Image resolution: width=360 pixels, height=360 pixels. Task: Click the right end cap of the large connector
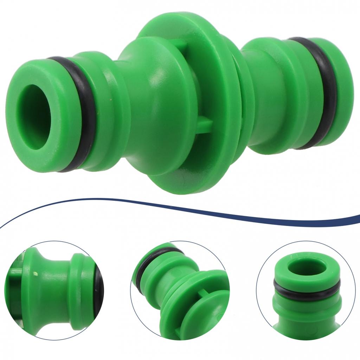(x=339, y=91)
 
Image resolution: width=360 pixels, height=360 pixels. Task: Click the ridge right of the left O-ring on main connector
(x=105, y=112)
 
